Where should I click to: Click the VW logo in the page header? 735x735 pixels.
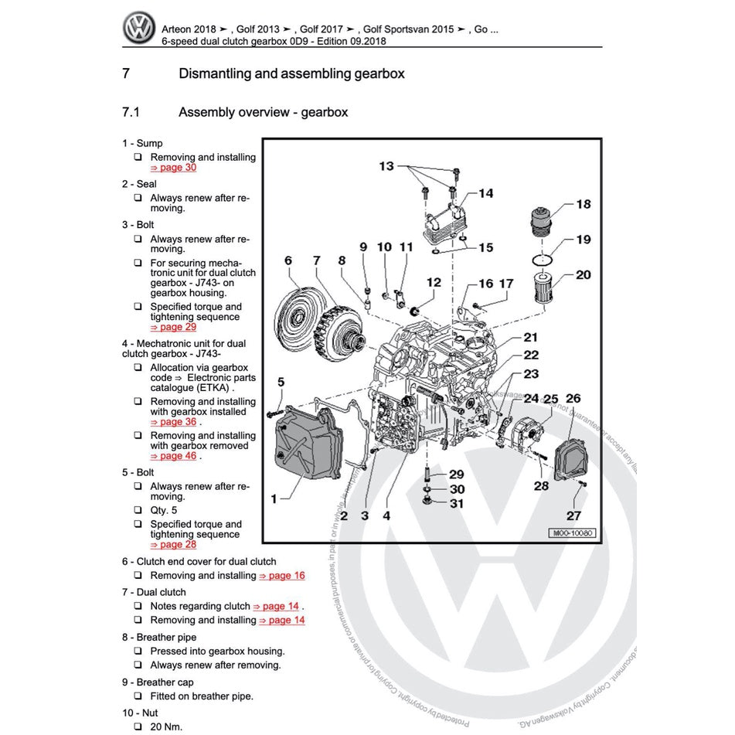click(x=139, y=29)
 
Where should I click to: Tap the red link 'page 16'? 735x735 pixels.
click(x=287, y=576)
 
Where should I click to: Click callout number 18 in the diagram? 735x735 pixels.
click(x=583, y=204)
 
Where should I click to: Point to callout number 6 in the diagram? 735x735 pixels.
click(x=288, y=260)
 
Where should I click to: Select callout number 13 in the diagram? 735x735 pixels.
click(x=386, y=166)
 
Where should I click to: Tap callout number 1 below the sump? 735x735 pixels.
click(x=274, y=499)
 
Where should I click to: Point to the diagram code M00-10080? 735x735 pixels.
click(x=573, y=533)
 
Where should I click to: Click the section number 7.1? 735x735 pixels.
click(x=131, y=113)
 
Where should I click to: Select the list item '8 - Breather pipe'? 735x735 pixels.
click(x=158, y=638)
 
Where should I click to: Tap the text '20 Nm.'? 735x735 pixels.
click(x=166, y=726)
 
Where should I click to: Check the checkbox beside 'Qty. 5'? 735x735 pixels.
click(x=137, y=511)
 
